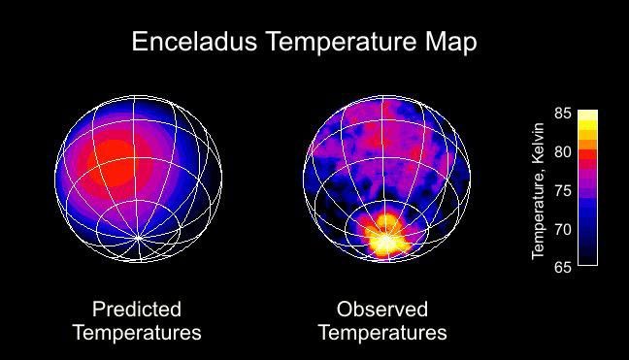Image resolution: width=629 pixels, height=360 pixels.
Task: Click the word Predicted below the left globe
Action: (136, 310)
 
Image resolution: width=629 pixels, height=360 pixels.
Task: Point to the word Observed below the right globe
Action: (382, 310)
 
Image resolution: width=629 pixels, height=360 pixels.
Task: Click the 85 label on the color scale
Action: (562, 114)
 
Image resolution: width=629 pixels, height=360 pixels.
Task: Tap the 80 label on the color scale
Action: (562, 151)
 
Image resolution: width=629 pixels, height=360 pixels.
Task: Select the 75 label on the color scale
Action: (562, 190)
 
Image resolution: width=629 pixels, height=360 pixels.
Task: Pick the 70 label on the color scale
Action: (562, 229)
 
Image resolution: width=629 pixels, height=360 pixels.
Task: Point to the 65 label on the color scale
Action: (562, 267)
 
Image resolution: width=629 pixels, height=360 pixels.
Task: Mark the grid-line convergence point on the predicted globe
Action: (139, 237)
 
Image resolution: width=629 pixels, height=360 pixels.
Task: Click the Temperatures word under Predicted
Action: (136, 333)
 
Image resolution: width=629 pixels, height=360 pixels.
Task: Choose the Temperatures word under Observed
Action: (382, 333)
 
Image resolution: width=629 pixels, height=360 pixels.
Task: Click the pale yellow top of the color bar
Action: (587, 115)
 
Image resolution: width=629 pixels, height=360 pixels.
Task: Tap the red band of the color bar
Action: (587, 155)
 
